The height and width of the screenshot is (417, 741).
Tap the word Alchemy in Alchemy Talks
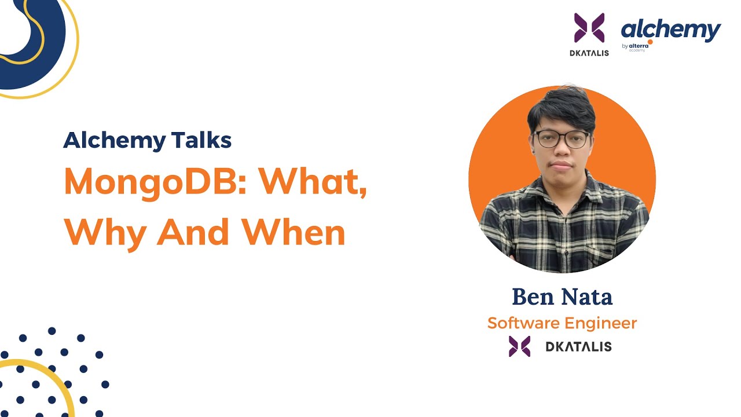[x=106, y=140]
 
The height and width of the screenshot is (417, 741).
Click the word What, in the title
[x=313, y=183]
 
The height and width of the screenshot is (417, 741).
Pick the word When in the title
[x=294, y=232]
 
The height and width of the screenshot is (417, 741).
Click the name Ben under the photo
[x=533, y=297]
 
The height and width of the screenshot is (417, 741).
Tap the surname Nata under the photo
[x=586, y=297]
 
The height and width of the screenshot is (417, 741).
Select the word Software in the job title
[x=524, y=323]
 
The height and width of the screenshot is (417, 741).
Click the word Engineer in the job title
[x=601, y=323]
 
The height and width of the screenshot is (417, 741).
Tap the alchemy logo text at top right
[x=671, y=29]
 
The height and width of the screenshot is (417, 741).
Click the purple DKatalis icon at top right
[x=589, y=28]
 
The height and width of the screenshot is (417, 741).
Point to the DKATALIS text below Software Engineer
[x=578, y=347]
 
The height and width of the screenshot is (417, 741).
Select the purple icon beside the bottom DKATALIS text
[x=519, y=346]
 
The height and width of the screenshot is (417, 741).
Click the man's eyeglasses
[x=561, y=138]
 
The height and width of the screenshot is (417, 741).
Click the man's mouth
[x=560, y=166]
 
